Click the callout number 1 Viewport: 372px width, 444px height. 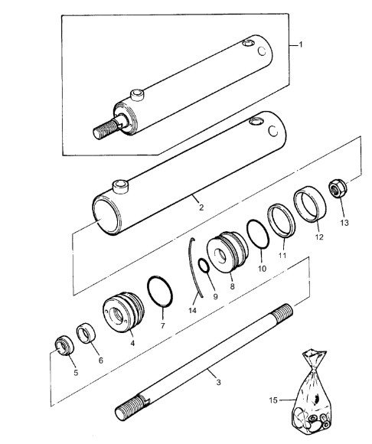[301, 44]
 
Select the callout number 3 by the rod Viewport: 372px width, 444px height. [218, 382]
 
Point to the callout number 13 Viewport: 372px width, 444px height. [344, 223]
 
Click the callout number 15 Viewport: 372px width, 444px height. [273, 400]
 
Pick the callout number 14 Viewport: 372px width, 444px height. [192, 311]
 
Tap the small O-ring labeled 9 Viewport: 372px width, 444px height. [204, 266]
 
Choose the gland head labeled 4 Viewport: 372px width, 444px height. [123, 312]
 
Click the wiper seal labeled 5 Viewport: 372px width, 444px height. [64, 345]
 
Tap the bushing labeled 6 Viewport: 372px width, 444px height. [86, 333]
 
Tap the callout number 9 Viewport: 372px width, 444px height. [215, 297]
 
